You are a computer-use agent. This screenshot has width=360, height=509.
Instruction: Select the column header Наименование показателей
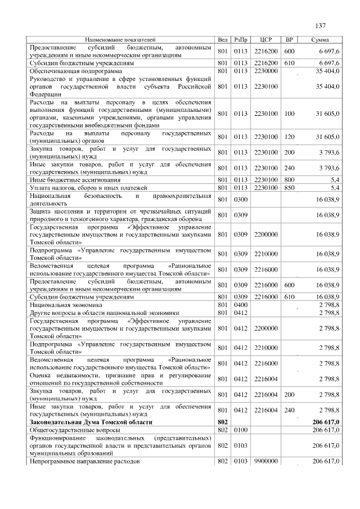coord(120,40)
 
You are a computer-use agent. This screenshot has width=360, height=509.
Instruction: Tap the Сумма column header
coord(320,40)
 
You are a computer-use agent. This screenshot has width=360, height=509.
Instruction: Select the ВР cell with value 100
coord(289,114)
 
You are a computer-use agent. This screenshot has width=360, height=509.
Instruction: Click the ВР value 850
coord(289,187)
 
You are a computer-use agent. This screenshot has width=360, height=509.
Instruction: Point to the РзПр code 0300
coord(241,199)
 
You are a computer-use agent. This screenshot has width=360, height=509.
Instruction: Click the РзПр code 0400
coord(241,304)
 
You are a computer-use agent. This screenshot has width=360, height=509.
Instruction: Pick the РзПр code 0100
coord(241,429)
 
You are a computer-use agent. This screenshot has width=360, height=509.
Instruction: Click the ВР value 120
coord(289,137)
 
